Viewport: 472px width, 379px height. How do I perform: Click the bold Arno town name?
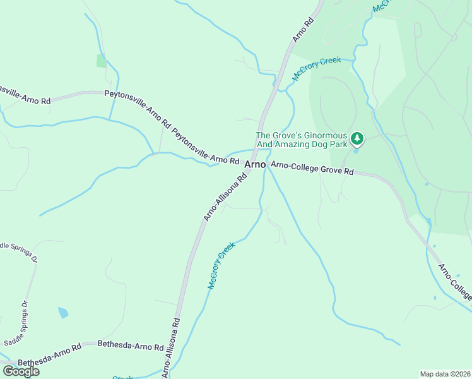tap(255, 164)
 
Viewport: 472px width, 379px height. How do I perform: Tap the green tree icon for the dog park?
tap(357, 138)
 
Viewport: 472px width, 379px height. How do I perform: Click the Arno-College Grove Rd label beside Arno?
tap(312, 169)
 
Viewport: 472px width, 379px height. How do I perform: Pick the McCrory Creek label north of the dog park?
tap(316, 69)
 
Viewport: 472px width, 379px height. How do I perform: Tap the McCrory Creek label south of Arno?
tap(221, 265)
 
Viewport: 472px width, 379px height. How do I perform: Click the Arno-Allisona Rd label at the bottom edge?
tap(170, 348)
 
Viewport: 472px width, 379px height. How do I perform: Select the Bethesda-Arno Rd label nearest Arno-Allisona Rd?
tap(130, 346)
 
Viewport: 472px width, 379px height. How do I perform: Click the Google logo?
tap(21, 371)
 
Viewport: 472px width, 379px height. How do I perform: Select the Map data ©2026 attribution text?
tap(445, 374)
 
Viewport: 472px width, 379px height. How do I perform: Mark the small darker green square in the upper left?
tap(101, 61)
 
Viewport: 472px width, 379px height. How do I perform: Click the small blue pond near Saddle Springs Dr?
tap(63, 313)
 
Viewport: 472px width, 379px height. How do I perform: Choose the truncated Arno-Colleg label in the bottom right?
tap(455, 282)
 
